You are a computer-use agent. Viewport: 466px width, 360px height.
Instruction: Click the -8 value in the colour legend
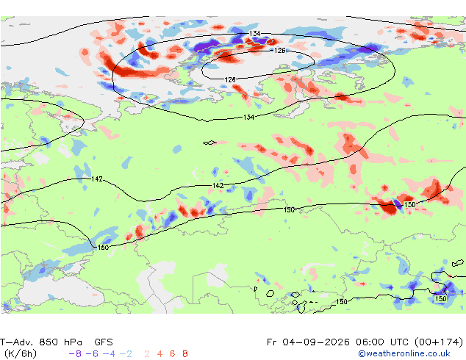75,354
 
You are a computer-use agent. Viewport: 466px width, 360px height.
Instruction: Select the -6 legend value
92,354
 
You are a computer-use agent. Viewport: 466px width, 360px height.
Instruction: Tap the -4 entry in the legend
109,354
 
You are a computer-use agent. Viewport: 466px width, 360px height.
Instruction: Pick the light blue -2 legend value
126,354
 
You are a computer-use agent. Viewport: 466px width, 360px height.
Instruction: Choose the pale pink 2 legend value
147,354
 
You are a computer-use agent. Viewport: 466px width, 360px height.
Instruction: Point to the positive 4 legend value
159,354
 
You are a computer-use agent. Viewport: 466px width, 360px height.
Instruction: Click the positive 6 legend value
173,354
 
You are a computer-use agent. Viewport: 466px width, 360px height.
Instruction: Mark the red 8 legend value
185,354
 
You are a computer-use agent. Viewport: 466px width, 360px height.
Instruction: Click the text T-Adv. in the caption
16,342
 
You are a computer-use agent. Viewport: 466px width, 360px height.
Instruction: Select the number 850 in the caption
49,342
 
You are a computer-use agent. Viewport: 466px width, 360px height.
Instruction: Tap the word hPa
73,342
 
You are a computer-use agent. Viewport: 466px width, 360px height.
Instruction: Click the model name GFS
104,342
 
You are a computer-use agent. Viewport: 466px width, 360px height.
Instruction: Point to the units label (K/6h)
20,354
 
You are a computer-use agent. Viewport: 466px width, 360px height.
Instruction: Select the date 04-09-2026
316,342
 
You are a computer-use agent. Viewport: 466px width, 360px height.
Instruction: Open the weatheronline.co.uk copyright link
404,354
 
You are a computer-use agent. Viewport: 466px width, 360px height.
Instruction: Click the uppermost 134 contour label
255,34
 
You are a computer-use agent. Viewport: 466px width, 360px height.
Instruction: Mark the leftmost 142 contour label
97,179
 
